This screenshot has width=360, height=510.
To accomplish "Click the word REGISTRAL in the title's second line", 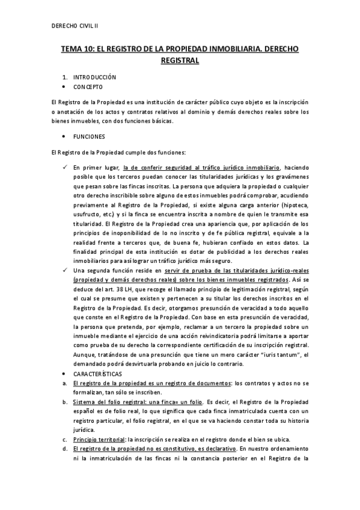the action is point(180,60).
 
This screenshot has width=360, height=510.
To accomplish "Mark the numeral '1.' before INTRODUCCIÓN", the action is point(65,78).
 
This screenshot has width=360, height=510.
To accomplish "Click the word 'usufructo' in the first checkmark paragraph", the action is point(86,214).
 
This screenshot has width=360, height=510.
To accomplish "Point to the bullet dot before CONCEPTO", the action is point(64,87).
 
